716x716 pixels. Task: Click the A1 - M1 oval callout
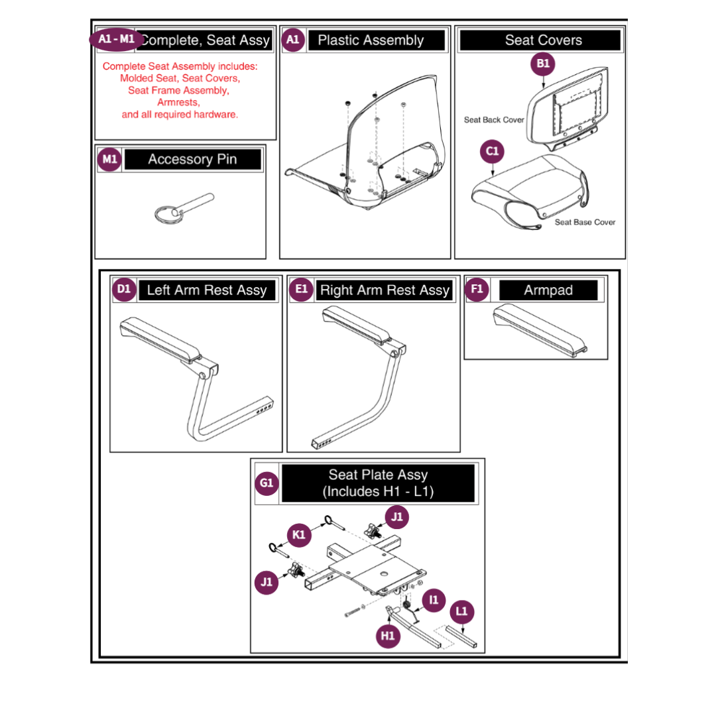(x=117, y=40)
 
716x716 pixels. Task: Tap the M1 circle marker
(x=110, y=159)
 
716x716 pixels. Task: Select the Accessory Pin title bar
(x=192, y=159)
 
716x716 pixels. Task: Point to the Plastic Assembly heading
(x=371, y=40)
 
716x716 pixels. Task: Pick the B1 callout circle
(x=543, y=64)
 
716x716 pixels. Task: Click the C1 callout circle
(x=493, y=152)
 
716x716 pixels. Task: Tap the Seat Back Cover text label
(x=494, y=120)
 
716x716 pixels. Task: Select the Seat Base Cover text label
(x=585, y=222)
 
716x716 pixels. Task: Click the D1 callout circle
(x=125, y=289)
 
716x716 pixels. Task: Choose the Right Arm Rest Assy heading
(x=385, y=290)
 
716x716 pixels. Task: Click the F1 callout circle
(x=477, y=289)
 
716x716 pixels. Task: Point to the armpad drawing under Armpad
(x=540, y=328)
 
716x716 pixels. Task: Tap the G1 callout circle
(x=267, y=483)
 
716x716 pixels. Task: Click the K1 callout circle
(x=299, y=534)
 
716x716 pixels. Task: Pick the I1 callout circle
(x=434, y=601)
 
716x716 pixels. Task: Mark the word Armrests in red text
(x=178, y=102)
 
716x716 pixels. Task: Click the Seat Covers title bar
(x=543, y=40)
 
